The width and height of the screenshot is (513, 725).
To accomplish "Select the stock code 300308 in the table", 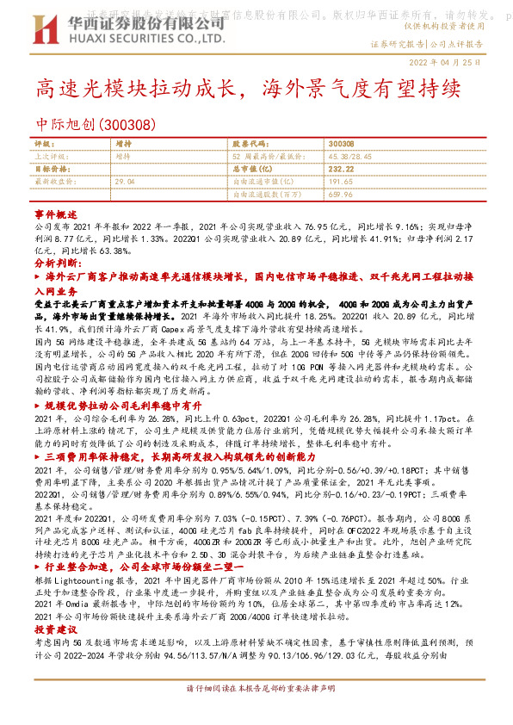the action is [x=341, y=143].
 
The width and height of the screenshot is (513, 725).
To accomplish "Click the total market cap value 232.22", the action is [x=341, y=170].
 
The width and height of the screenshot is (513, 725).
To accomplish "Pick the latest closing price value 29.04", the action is [x=126, y=183].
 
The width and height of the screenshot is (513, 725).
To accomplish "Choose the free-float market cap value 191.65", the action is [x=341, y=183].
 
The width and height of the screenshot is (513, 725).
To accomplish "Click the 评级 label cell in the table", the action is [x=43, y=143].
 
